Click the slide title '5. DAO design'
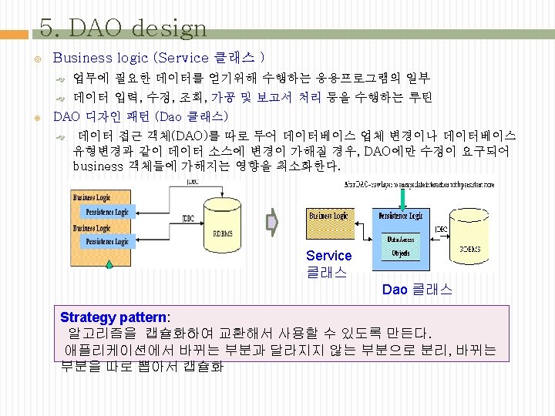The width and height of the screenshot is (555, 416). pos(123,29)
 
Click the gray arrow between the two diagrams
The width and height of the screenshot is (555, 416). pos(271,223)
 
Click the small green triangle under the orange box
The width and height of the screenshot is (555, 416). pos(109,264)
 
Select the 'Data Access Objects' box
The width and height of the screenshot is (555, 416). pos(401,246)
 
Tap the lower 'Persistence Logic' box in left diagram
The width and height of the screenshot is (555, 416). pos(107,242)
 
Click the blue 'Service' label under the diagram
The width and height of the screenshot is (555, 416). pos(328,256)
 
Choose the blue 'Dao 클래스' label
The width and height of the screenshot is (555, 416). pos(417,290)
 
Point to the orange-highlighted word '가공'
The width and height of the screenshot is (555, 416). pos(223,98)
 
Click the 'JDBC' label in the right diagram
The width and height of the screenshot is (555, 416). pos(441,229)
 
